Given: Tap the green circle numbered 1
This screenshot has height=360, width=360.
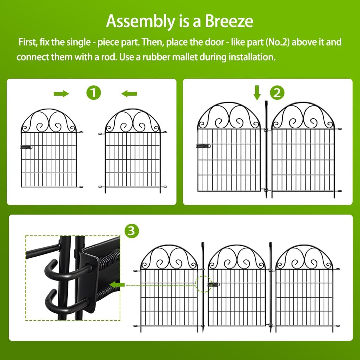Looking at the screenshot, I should click(94, 93).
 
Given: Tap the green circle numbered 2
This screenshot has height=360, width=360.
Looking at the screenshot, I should click(277, 93).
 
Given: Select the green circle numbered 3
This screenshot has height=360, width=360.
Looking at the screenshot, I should click(132, 231).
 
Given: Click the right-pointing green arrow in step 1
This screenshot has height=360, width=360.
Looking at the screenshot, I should click(61, 94).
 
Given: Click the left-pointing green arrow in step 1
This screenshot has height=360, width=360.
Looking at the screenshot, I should click(129, 94).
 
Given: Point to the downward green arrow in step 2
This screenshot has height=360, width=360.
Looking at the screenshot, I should click(257, 92).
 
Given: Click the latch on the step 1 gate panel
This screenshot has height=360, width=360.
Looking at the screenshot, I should click(26, 147).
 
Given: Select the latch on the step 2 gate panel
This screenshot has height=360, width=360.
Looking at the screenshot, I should click(202, 146).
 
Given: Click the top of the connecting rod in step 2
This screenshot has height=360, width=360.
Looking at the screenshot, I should click(266, 103).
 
